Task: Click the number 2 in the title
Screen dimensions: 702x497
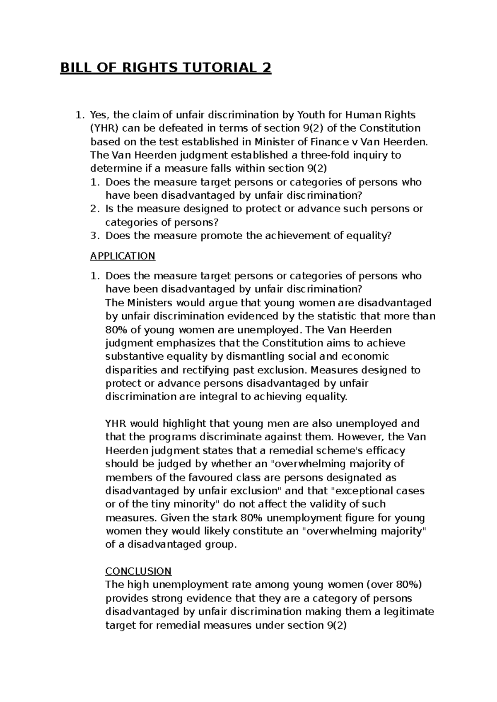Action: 266,67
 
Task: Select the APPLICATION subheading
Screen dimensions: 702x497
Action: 123,256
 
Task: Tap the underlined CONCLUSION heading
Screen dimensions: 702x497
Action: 138,571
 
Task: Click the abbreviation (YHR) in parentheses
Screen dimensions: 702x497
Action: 103,128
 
